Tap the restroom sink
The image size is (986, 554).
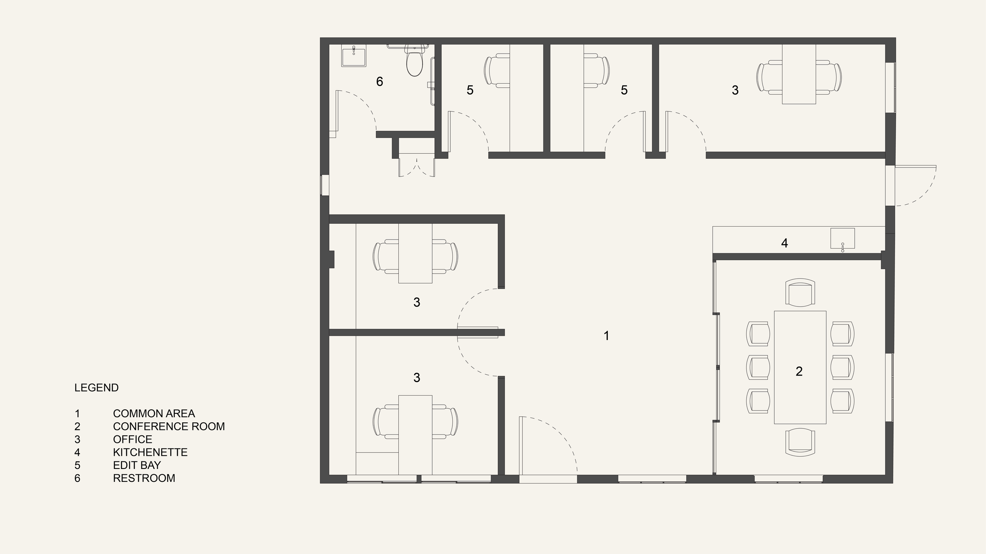tap(354, 56)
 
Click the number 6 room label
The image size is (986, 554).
tap(379, 82)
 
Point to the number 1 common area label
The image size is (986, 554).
tap(607, 336)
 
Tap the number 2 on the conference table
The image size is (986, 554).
tap(799, 371)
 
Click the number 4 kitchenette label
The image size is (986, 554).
tap(784, 243)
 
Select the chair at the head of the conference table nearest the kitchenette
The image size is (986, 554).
tap(800, 292)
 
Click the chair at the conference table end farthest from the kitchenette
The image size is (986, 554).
tap(800, 442)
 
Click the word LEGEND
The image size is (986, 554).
tap(97, 388)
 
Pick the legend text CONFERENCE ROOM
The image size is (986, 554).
tap(169, 426)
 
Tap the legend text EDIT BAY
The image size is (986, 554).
tap(137, 465)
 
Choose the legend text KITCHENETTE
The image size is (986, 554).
tap(150, 452)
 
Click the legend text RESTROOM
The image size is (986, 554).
tap(144, 478)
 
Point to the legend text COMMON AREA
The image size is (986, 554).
tap(154, 413)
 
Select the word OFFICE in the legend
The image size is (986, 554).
tap(133, 439)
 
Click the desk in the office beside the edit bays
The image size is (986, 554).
tap(799, 74)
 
